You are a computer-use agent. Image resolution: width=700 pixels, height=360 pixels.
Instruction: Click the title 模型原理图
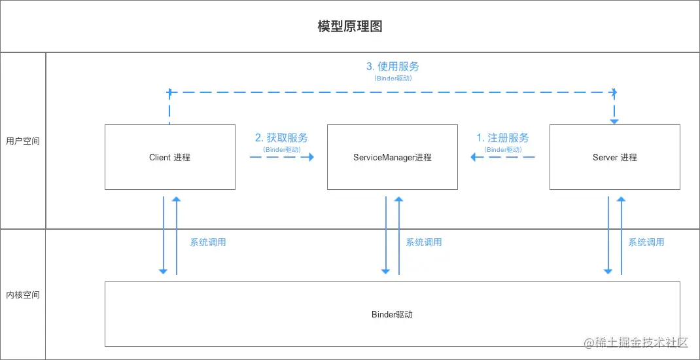click(x=350, y=26)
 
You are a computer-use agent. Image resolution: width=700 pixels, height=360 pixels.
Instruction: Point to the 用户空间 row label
click(x=23, y=141)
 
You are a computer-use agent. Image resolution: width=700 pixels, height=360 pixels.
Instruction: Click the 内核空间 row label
click(x=23, y=295)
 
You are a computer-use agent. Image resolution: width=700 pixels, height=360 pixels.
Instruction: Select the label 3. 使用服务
click(x=393, y=67)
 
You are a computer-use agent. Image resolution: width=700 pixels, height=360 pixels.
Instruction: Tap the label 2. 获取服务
click(x=282, y=137)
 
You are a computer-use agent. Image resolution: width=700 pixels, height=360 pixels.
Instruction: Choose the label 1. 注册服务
click(x=502, y=137)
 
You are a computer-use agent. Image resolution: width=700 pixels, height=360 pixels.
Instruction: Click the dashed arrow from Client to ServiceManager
click(x=282, y=157)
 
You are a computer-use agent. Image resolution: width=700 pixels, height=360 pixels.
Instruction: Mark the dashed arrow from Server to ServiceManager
click(x=502, y=157)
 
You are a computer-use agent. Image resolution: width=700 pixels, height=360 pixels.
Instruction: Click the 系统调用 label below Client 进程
click(x=208, y=243)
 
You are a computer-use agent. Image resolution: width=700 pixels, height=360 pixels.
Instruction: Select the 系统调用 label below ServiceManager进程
click(x=424, y=243)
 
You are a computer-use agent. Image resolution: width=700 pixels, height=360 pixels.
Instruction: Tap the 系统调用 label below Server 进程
click(x=646, y=243)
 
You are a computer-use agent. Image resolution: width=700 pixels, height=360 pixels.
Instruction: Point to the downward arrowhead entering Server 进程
click(x=615, y=121)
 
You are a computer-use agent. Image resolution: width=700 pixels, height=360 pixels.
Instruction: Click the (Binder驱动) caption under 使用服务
click(x=393, y=78)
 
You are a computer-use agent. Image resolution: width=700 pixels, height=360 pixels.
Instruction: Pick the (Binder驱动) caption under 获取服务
click(x=282, y=150)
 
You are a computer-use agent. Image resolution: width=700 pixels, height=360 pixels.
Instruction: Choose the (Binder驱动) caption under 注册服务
click(x=502, y=150)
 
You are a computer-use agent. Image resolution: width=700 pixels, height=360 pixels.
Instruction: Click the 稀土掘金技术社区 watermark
click(x=636, y=343)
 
